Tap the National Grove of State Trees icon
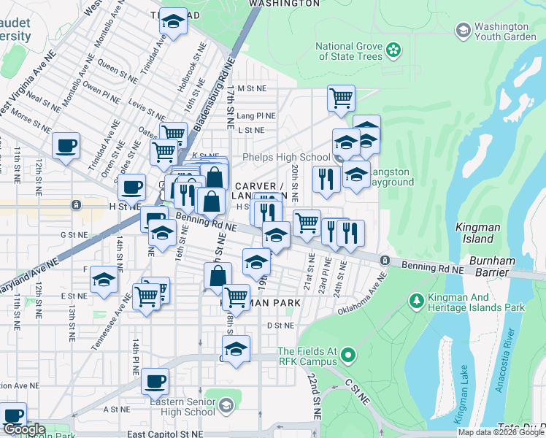click(394, 50)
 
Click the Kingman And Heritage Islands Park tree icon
click(416, 300)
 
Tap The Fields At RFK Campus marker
click(349, 356)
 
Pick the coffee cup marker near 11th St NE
click(66, 145)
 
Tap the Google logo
click(25, 430)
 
